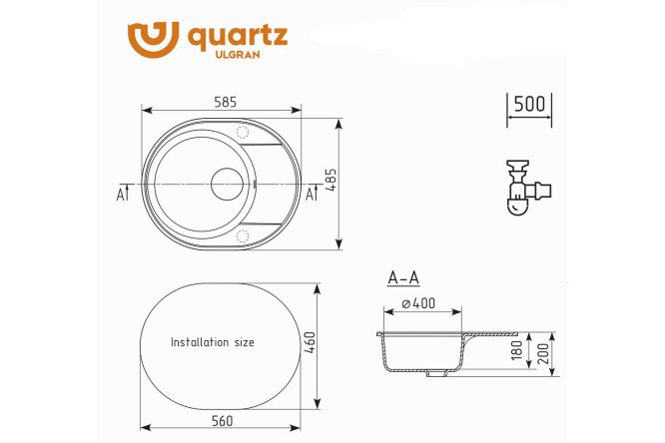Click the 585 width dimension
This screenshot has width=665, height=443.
(226, 102)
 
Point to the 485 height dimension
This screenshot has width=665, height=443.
(332, 181)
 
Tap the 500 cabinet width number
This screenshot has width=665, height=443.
(529, 104)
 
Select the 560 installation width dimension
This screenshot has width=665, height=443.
(223, 421)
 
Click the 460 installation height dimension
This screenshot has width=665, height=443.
(311, 342)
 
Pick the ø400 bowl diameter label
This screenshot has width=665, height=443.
(418, 303)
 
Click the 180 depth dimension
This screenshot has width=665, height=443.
(517, 350)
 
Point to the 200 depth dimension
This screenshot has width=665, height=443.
(543, 354)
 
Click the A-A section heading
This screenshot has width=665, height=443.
(403, 278)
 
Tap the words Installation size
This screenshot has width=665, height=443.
(213, 342)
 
